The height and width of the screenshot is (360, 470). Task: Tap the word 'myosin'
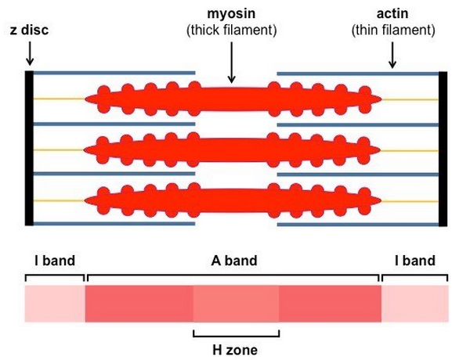pos(233,13)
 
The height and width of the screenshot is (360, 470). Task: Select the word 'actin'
pos(392,13)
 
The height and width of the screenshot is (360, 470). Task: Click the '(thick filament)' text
pos(233,30)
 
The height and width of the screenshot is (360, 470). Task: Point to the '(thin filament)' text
pos(392,30)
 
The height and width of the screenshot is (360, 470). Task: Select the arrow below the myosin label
pos(232,63)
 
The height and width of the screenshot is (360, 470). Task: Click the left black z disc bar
pos(29,147)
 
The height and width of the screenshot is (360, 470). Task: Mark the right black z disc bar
pos(443,147)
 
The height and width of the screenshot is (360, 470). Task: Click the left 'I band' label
pos(54,260)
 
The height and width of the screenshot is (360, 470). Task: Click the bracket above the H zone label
pos(236,333)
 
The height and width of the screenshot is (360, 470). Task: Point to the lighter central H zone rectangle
pos(236,304)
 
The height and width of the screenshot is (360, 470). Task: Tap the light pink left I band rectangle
pos(54,304)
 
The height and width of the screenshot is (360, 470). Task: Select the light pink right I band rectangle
pos(414,304)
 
